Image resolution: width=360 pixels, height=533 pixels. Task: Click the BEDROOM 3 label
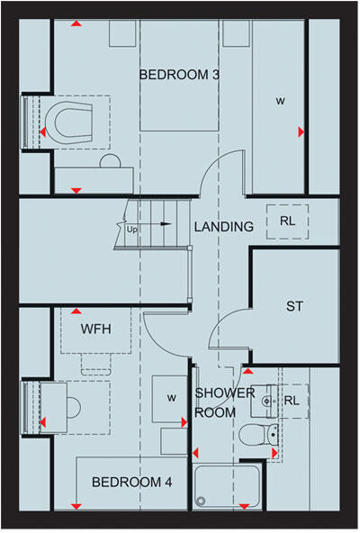180,75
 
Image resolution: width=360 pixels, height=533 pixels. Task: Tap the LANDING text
223,227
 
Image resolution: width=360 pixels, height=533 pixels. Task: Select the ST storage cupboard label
294,307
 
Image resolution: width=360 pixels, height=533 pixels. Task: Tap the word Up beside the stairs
133,229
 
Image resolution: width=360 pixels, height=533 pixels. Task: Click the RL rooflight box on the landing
287,219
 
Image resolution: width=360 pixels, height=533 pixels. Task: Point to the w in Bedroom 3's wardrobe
280,101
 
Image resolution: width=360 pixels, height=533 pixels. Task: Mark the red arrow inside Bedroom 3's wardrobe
300,132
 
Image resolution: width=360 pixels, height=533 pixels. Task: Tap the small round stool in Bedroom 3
109,162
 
